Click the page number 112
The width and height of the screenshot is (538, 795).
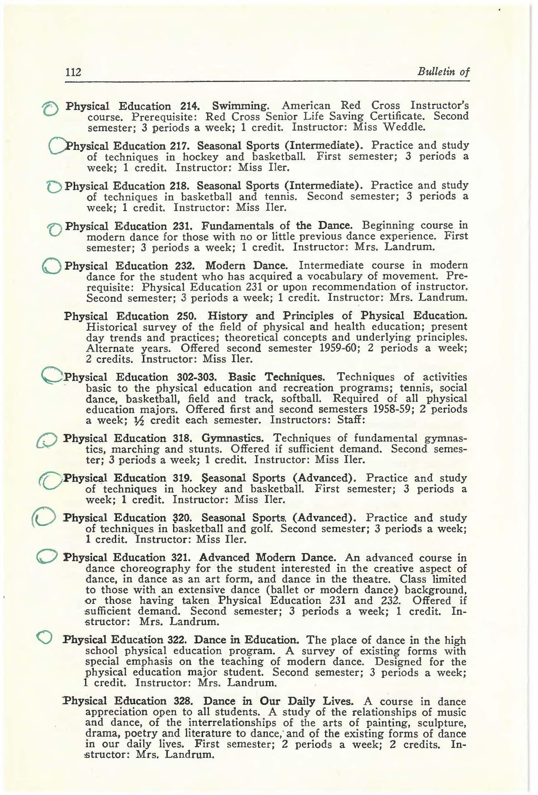[x=73, y=72]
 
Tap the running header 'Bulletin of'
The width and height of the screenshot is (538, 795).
[x=443, y=72]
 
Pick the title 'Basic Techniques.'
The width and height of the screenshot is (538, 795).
[x=276, y=377]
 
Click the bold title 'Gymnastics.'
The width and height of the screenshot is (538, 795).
[x=232, y=438]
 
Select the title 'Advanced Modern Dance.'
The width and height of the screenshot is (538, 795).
[x=267, y=558]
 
